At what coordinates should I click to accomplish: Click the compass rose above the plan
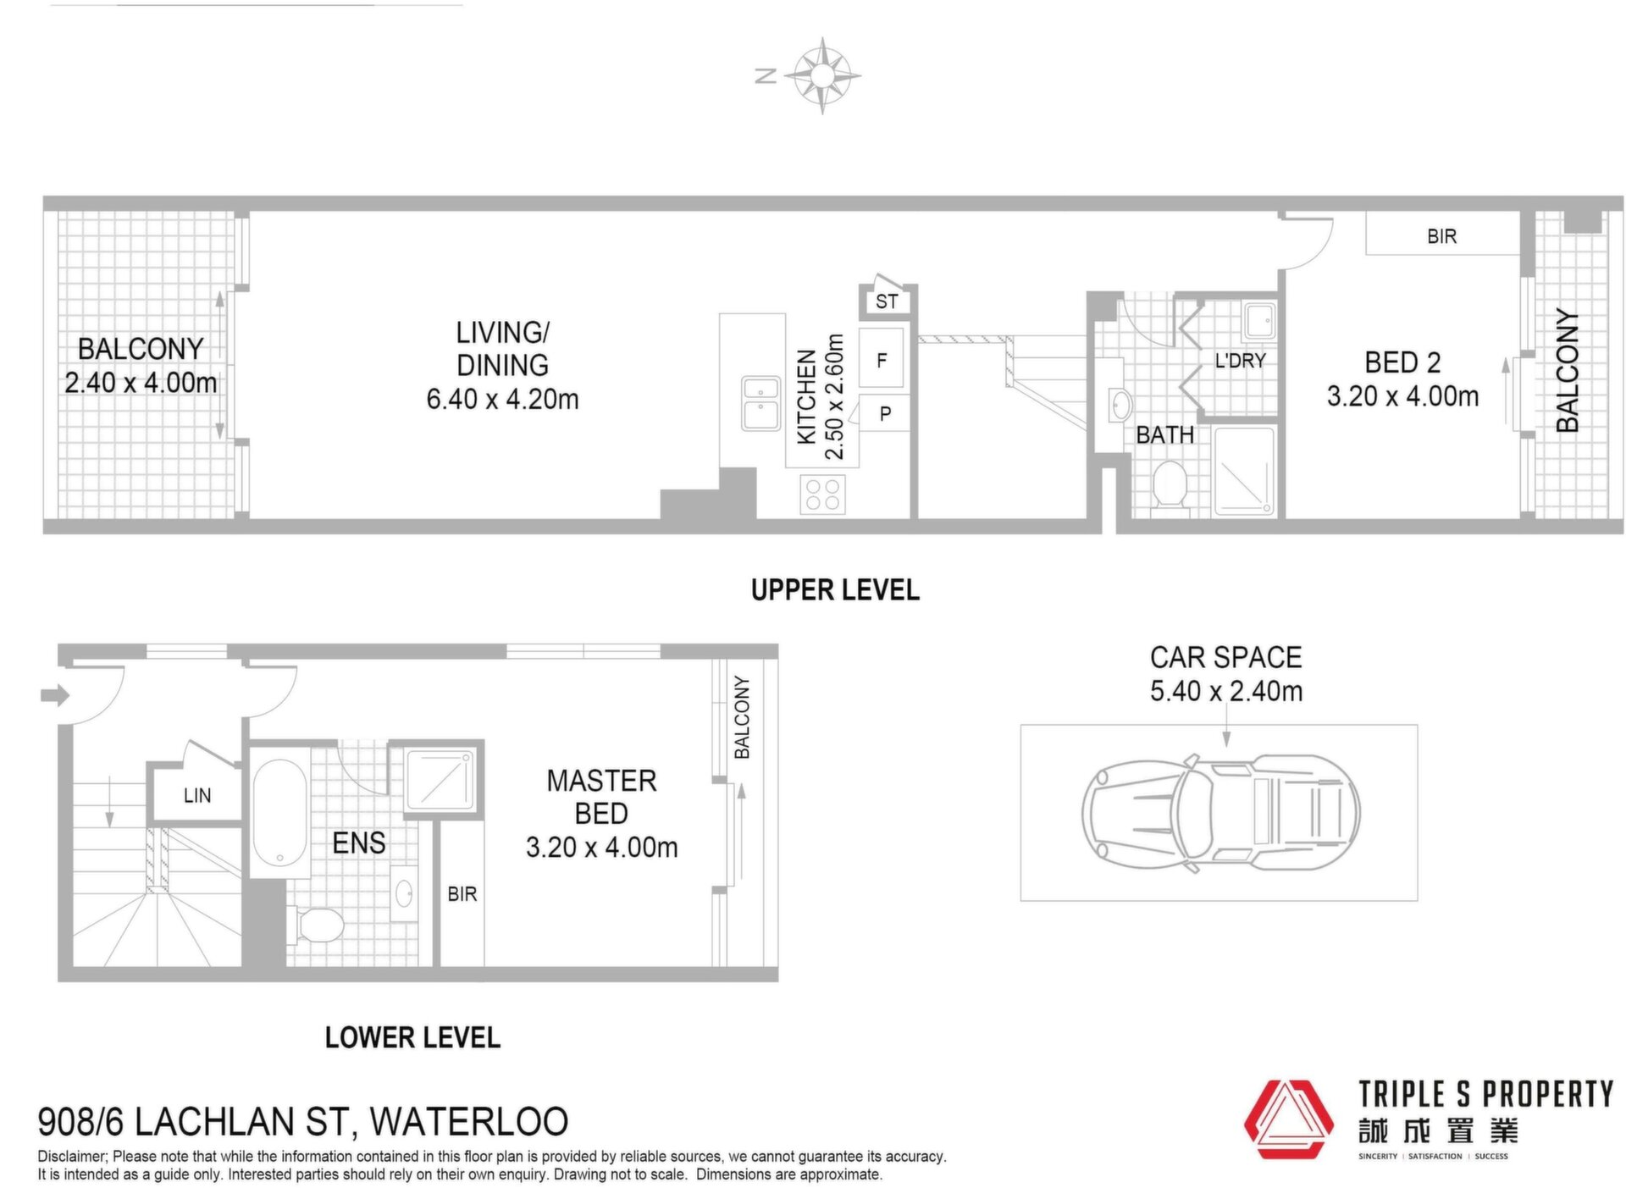pyautogui.click(x=821, y=75)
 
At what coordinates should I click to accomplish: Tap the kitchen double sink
pyautogui.click(x=761, y=404)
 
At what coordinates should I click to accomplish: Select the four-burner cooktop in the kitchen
pyautogui.click(x=822, y=494)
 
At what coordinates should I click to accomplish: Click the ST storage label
pyautogui.click(x=887, y=301)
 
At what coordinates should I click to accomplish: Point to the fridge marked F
pyautogui.click(x=882, y=360)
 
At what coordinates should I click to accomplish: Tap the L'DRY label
pyautogui.click(x=1240, y=361)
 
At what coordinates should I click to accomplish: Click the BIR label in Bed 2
pyautogui.click(x=1441, y=236)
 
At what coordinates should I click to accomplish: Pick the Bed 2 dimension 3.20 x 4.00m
pyautogui.click(x=1402, y=396)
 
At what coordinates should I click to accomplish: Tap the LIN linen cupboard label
pyautogui.click(x=197, y=795)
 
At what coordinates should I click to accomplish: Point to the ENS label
pyautogui.click(x=359, y=843)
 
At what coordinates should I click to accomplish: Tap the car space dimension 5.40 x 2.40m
pyautogui.click(x=1225, y=691)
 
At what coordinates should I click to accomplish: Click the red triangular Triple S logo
pyautogui.click(x=1287, y=1119)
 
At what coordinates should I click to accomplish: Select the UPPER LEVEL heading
pyautogui.click(x=835, y=590)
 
